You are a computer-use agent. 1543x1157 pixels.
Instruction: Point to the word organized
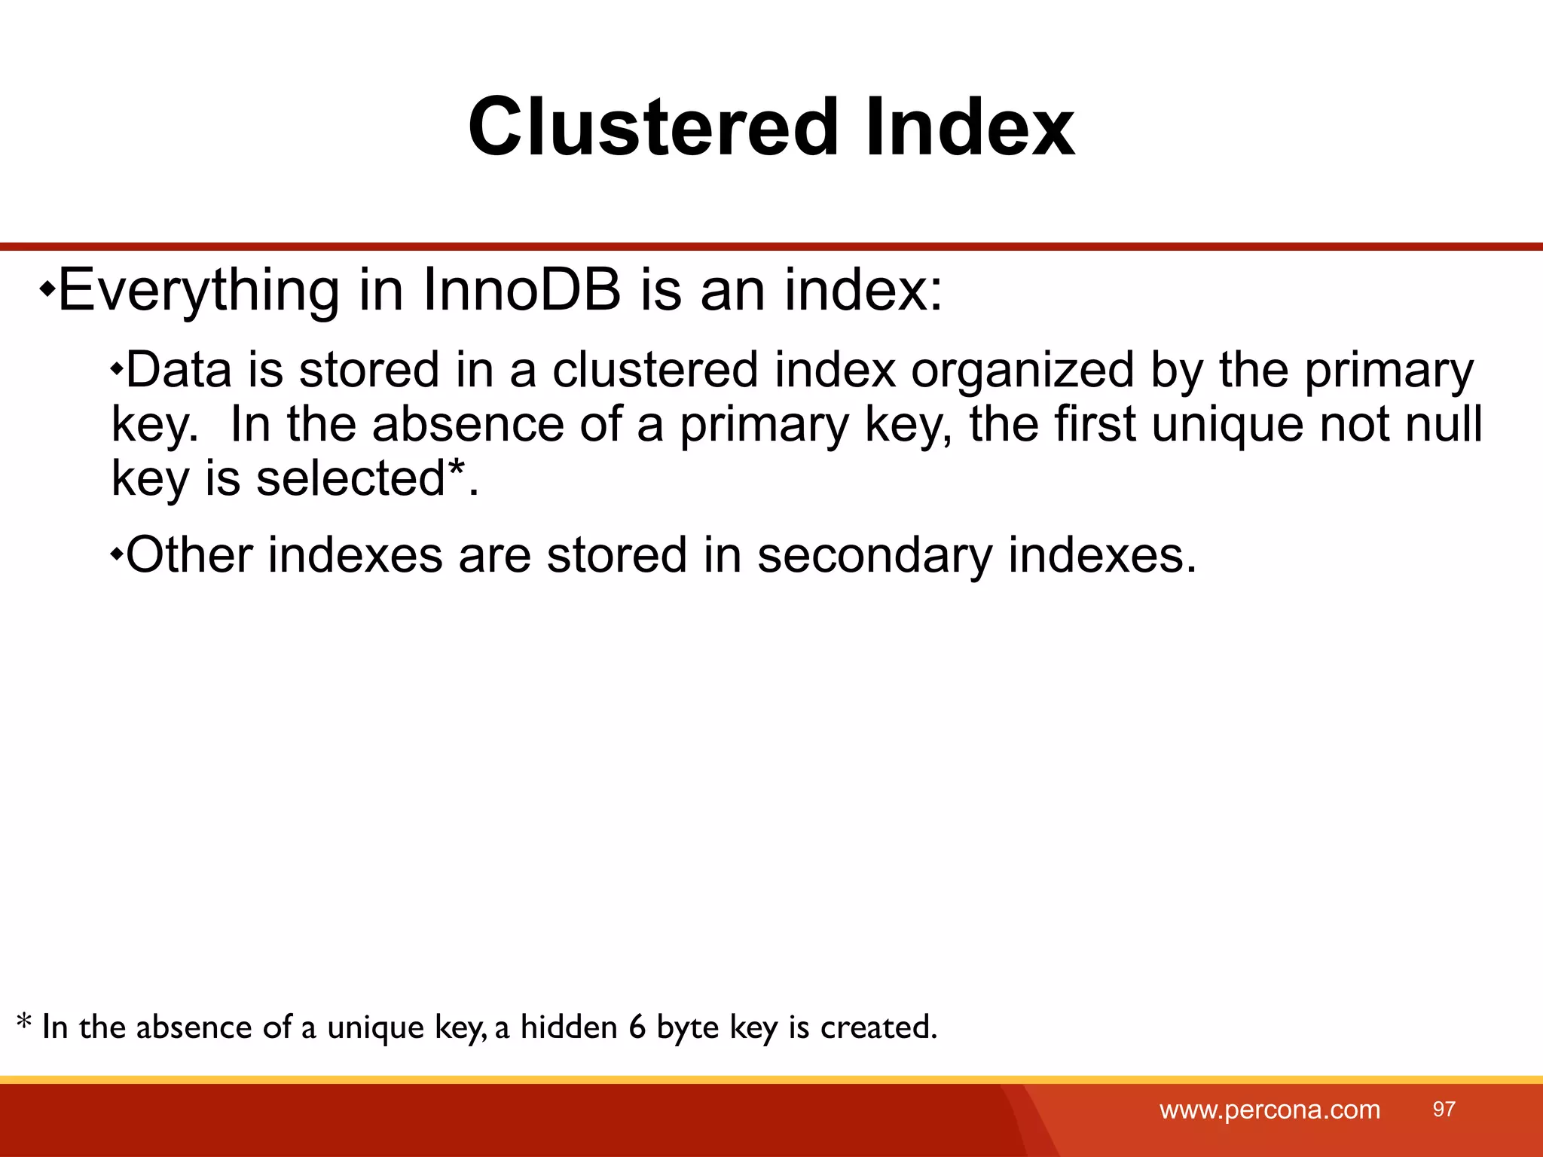click(1022, 371)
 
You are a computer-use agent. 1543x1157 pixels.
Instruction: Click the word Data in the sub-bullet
click(179, 370)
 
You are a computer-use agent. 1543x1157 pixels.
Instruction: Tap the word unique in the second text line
click(1227, 424)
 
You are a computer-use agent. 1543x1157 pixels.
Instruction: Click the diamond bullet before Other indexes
click(117, 555)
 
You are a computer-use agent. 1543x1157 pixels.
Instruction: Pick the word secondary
click(874, 556)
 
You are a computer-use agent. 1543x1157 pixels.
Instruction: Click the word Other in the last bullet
click(189, 555)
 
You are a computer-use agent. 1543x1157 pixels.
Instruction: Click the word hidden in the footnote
click(569, 1027)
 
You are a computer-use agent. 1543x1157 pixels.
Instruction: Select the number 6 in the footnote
click(637, 1027)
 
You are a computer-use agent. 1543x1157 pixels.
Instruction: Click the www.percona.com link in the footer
click(1270, 1110)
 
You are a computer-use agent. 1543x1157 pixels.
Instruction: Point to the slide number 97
click(1444, 1109)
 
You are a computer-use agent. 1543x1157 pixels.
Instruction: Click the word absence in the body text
click(466, 424)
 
